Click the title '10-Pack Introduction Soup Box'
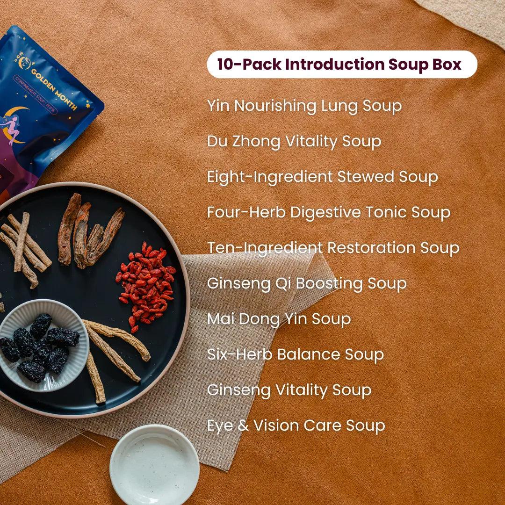[339, 64]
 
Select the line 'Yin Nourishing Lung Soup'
[304, 106]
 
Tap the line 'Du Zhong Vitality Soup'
[294, 142]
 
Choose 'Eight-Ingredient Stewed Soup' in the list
[322, 177]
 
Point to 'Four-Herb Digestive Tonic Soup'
[329, 213]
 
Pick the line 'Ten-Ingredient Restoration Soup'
[333, 248]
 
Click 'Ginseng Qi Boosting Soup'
[307, 284]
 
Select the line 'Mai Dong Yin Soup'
[279, 319]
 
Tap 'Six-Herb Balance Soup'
[296, 354]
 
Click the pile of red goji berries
[147, 286]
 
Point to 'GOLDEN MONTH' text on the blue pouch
[54, 89]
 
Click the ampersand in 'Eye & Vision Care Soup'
[243, 426]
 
